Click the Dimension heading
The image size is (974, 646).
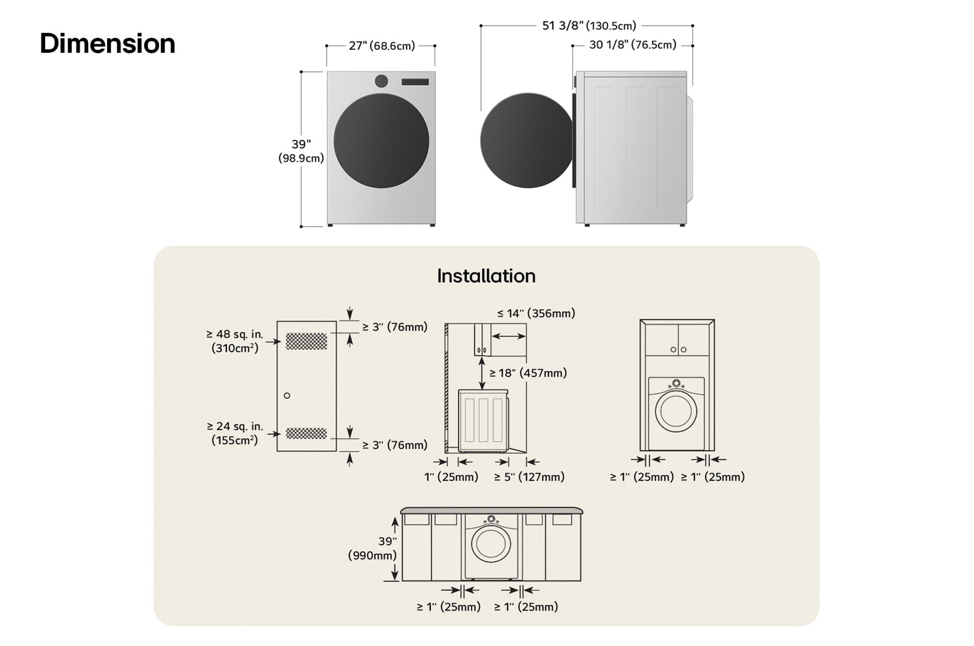108,44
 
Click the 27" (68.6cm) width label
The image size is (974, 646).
382,46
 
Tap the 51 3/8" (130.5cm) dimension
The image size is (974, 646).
589,26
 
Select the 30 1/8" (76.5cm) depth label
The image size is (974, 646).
632,45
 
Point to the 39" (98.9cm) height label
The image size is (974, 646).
301,151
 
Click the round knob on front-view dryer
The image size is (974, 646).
382,81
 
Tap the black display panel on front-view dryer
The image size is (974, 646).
415,82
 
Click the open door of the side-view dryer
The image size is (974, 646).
527,140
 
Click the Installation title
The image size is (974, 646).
486,276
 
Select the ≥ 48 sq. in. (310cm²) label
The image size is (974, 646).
234,341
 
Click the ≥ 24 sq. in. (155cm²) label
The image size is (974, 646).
234,433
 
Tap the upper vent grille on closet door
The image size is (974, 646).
306,341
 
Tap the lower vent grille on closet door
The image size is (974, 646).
306,433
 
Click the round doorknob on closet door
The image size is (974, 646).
287,395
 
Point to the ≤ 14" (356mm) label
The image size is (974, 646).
536,313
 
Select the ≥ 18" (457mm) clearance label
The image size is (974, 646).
528,373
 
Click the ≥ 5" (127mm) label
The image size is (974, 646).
529,477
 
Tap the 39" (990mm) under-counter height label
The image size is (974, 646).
373,548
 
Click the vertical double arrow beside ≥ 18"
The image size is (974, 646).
482,373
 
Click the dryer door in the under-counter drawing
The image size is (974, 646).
491,543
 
